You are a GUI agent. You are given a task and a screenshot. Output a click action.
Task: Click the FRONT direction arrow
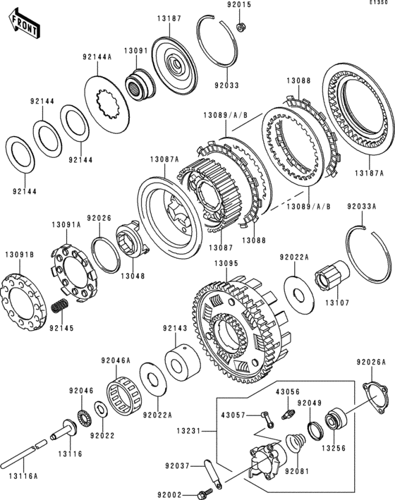tap(24, 24)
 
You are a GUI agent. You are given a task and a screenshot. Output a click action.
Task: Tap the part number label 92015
tap(239, 5)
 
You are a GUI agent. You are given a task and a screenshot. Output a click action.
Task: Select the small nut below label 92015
tap(241, 27)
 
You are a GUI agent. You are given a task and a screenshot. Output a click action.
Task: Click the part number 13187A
tap(369, 173)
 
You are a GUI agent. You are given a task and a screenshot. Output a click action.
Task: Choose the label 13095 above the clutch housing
tap(226, 263)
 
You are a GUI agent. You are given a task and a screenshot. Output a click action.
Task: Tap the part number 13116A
tap(23, 476)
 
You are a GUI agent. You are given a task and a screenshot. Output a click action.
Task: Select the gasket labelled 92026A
tap(375, 398)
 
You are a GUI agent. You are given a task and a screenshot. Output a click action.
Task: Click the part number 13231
tap(188, 431)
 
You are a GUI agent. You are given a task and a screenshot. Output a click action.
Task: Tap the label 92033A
tap(362, 207)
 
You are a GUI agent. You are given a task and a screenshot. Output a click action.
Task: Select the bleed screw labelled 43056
tap(287, 414)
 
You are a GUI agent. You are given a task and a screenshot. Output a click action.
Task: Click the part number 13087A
tap(164, 159)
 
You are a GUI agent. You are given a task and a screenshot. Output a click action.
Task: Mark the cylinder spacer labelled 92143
tap(183, 363)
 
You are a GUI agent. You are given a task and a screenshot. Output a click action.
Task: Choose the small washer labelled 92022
tap(102, 410)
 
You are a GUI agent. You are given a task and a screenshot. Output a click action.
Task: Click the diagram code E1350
tap(379, 2)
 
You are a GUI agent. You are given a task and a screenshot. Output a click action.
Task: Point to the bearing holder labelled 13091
tap(140, 83)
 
